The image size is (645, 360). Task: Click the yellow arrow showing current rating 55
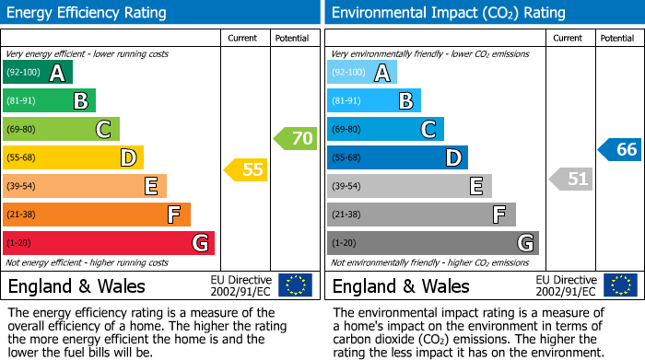[x=246, y=169]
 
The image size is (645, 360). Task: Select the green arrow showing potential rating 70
[x=296, y=139]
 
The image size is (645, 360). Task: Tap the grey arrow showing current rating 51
[x=570, y=179]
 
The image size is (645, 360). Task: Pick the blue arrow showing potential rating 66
[x=619, y=149]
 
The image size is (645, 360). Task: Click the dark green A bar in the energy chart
[x=38, y=73]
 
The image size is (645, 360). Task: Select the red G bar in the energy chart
[x=109, y=243]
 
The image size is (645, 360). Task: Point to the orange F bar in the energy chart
[x=97, y=215]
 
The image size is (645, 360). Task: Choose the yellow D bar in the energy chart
[x=73, y=157]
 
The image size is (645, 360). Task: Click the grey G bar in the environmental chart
[x=433, y=243]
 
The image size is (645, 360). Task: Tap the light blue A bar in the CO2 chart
[x=362, y=73]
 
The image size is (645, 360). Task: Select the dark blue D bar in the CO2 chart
[x=397, y=157]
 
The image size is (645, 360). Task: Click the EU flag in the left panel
[x=295, y=285]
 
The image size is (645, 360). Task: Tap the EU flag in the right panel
[x=620, y=285]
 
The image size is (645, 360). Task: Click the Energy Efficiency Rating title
[x=88, y=13]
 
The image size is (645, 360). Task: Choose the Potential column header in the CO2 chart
[x=616, y=38]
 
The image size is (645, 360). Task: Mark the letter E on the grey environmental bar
[x=475, y=187]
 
